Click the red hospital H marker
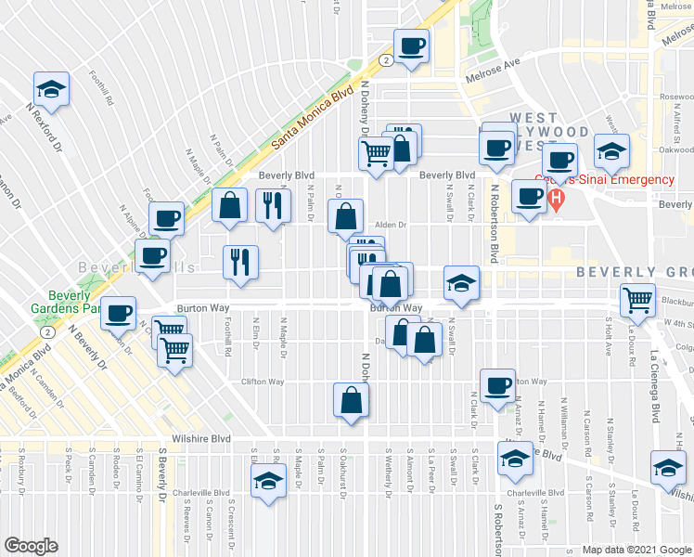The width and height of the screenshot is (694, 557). (556, 198)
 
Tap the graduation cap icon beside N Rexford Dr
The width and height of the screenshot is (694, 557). (52, 89)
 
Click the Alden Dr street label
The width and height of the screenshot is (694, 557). (392, 224)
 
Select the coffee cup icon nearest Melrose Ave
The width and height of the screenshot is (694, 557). (412, 46)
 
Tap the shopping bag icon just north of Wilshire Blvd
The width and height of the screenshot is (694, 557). (353, 400)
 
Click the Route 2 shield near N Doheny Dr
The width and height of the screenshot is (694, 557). (383, 60)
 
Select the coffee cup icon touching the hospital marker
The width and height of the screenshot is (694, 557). (529, 196)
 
